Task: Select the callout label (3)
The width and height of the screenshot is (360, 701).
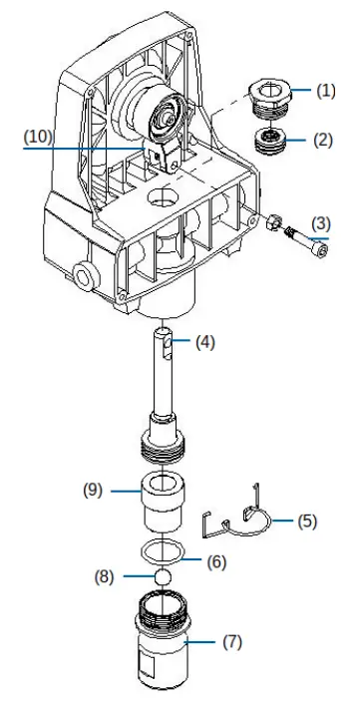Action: click(322, 221)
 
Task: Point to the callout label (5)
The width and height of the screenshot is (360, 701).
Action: click(307, 521)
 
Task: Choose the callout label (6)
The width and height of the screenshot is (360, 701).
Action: click(217, 561)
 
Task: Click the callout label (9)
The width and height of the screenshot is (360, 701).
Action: click(95, 491)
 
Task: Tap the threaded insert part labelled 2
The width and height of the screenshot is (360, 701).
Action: click(268, 140)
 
